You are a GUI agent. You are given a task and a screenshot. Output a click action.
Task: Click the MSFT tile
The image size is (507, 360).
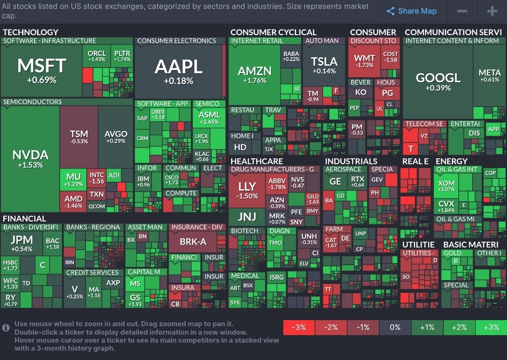pos(41,70)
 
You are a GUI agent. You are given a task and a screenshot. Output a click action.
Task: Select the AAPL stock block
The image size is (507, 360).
pos(178,70)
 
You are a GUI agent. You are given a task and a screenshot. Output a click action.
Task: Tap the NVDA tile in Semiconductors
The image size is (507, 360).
pos(30,159)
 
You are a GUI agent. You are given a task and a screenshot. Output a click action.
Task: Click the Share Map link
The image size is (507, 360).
pos(411,11)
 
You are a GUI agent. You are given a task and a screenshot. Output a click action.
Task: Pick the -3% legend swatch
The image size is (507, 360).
pos(299,327)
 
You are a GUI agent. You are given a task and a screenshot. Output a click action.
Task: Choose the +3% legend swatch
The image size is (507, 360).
pos(491,327)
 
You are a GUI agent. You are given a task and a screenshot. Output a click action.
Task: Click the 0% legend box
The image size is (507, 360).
pos(395,327)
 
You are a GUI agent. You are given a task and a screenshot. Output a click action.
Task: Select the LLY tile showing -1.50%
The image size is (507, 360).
pos(247,190)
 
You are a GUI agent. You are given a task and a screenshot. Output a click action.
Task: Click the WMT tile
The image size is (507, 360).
pos(364,61)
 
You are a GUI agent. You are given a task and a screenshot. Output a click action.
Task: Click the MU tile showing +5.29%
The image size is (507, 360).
pos(73,180)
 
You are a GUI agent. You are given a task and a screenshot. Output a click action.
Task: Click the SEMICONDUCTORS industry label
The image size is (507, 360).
pos(32,102)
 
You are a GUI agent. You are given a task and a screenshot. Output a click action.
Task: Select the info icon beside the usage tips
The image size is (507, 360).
pos(6,328)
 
